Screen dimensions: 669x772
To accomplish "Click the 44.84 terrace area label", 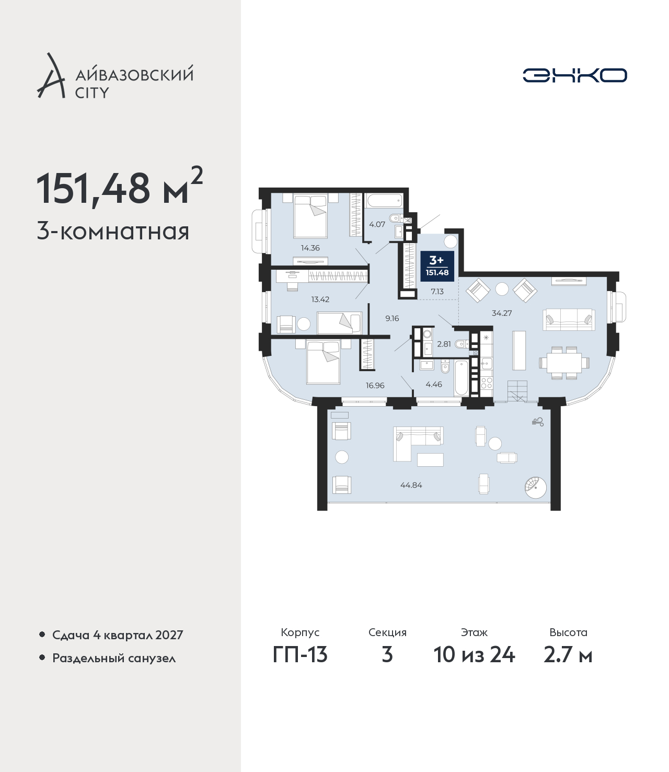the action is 411,485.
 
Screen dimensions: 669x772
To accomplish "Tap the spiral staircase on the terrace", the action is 536,487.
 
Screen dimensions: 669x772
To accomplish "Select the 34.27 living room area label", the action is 502,313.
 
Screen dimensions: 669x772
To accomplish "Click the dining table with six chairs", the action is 564,363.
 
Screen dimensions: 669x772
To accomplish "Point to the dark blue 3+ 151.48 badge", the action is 437,266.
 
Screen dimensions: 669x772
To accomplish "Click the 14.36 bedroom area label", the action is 310,248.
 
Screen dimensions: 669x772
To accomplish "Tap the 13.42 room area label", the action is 320,299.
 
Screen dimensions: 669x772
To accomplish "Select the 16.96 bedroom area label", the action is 375,385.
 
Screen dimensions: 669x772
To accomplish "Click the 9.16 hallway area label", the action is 392,318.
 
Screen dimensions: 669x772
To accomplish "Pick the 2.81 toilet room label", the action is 444,344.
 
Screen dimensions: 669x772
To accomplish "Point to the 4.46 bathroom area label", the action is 434,384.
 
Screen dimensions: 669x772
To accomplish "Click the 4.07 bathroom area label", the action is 377,224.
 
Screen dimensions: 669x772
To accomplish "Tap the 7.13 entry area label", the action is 437,291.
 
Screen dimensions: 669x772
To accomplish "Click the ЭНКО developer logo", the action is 574,75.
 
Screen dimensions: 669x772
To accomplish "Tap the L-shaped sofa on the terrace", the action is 418,444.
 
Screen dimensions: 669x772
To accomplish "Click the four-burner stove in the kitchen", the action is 487,383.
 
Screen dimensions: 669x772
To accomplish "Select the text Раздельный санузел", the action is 114,658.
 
